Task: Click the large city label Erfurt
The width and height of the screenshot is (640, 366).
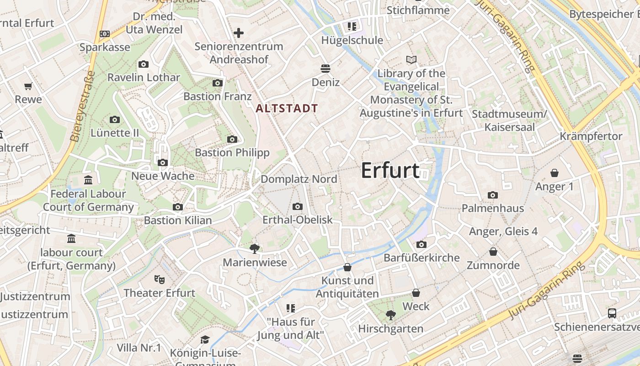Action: pyautogui.click(x=390, y=171)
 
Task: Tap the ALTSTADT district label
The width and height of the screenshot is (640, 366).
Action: pyautogui.click(x=287, y=108)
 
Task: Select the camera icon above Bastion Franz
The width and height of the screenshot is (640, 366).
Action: pyautogui.click(x=218, y=83)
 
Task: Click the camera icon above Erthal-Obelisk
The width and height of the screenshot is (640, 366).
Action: pyautogui.click(x=298, y=207)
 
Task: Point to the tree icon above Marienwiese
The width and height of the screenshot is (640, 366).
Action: pyautogui.click(x=255, y=248)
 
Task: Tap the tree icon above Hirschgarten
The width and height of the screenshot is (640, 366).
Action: pyautogui.click(x=390, y=315)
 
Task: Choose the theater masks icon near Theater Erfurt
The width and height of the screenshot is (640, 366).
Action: pyautogui.click(x=159, y=279)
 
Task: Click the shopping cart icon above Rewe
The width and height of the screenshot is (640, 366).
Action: pyautogui.click(x=28, y=86)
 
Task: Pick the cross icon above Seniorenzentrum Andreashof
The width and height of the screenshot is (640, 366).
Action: pyautogui.click(x=238, y=33)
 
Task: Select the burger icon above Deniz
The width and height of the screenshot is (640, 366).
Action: pyautogui.click(x=325, y=69)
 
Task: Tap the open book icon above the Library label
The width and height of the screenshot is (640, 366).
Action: pyautogui.click(x=411, y=60)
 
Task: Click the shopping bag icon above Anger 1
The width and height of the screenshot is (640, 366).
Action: pyautogui.click(x=555, y=173)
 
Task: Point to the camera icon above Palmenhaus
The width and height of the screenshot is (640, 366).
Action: pyautogui.click(x=492, y=195)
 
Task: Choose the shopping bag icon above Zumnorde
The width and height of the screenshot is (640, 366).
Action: pyautogui.click(x=493, y=252)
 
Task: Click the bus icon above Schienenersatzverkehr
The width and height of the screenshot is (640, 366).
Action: pyautogui.click(x=612, y=313)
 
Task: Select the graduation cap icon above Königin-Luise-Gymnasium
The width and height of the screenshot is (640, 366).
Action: pyautogui.click(x=205, y=339)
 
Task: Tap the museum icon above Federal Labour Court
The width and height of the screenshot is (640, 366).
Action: pyautogui.click(x=88, y=180)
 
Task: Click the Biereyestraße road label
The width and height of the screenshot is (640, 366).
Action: pyautogui.click(x=83, y=106)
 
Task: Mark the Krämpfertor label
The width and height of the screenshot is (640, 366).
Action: pyautogui.click(x=591, y=136)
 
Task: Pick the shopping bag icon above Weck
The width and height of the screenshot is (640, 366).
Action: pyautogui.click(x=416, y=293)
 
